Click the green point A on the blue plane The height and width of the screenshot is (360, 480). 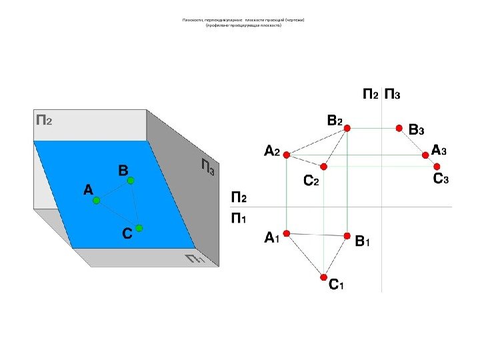96,200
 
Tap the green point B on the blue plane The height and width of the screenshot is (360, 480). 131,181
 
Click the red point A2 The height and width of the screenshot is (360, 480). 286,155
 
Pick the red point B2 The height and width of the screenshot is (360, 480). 347,132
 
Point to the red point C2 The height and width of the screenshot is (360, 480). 323,167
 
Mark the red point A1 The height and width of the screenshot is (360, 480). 286,233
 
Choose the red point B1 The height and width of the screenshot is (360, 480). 347,235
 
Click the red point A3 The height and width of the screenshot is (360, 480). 426,155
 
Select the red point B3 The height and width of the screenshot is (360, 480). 399,127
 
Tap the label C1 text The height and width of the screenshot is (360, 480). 336,285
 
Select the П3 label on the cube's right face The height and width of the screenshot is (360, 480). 207,167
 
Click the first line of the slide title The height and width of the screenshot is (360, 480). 243,21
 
